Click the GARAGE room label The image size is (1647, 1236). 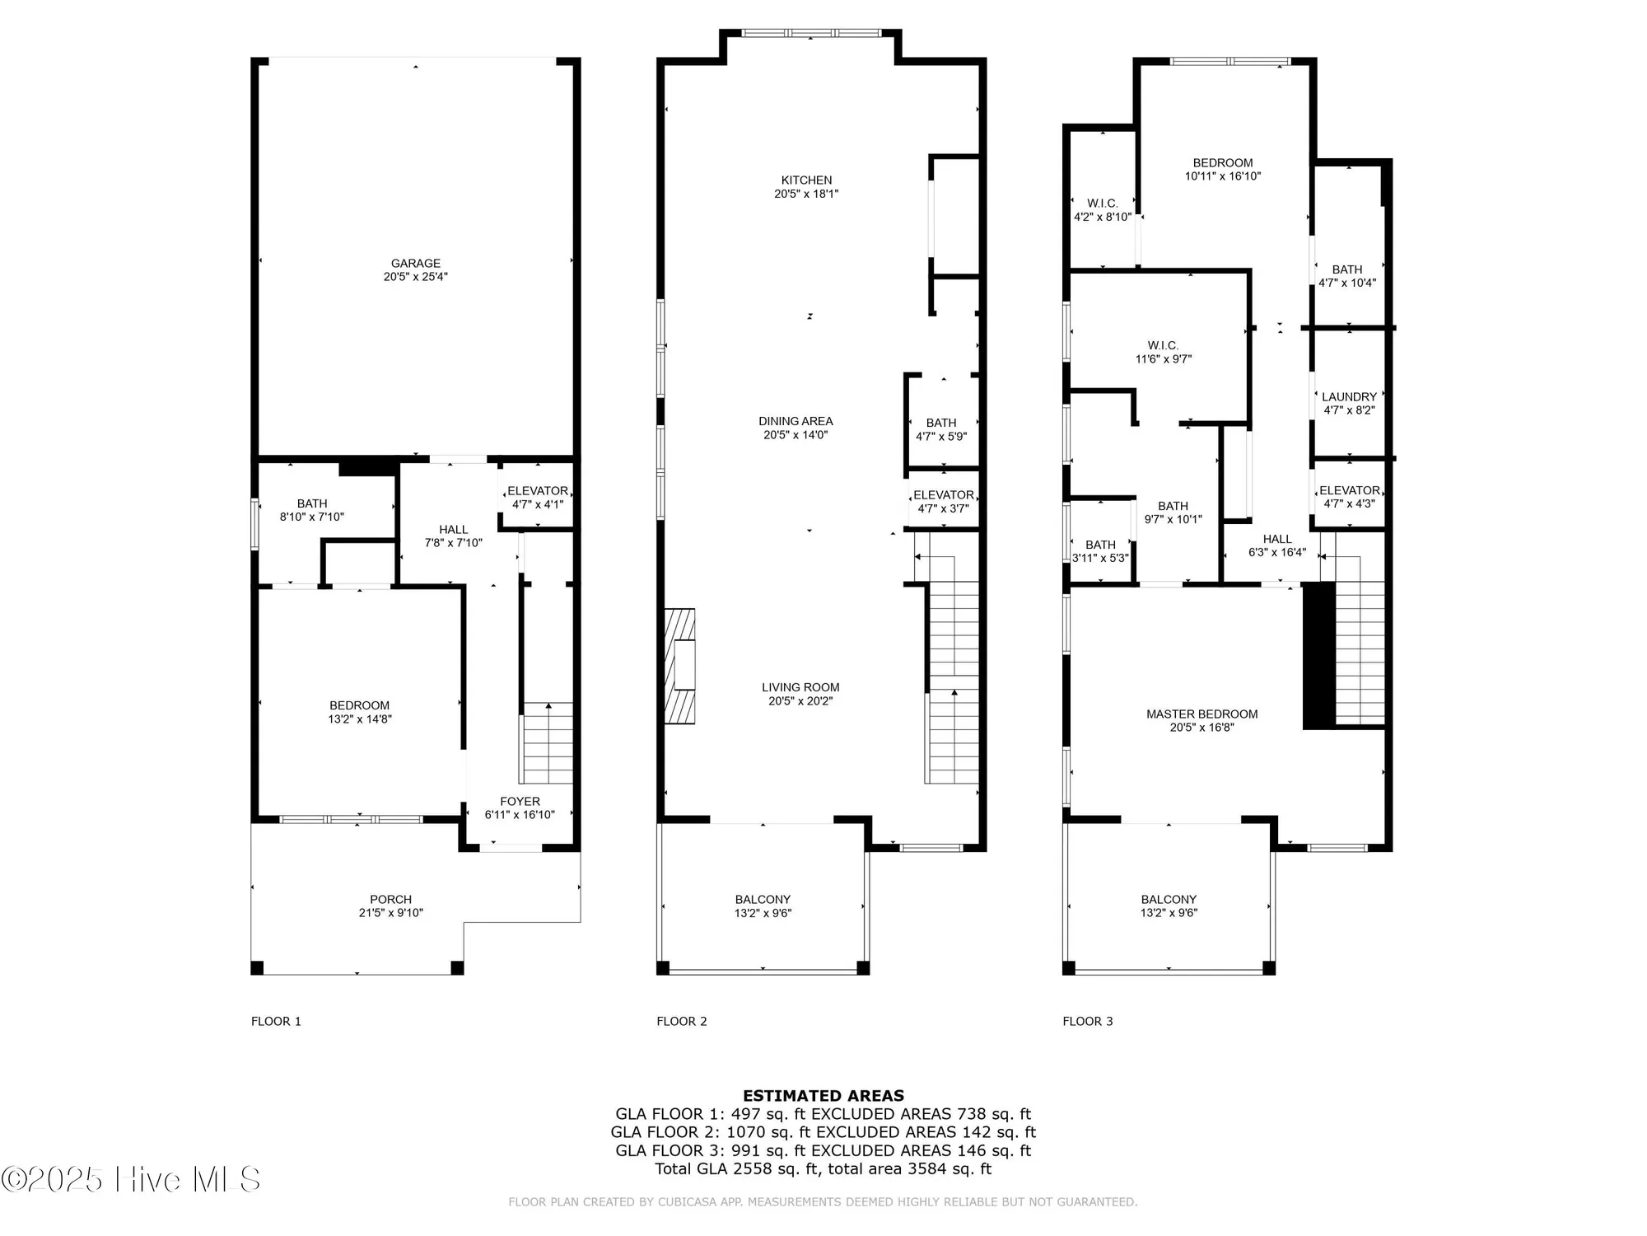415,265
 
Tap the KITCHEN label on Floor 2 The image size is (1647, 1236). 806,180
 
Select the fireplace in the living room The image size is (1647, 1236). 680,666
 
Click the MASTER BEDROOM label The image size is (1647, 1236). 1201,714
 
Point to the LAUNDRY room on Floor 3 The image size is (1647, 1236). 1349,397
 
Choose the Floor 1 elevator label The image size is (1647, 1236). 537,491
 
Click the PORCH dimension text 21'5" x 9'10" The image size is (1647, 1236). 390,913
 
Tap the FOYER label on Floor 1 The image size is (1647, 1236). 520,802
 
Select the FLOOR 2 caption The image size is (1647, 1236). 681,1021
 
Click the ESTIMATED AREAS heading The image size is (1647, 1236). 823,1096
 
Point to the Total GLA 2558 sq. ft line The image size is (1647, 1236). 823,1168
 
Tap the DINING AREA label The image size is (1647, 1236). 796,421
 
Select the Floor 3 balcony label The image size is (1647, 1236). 1169,900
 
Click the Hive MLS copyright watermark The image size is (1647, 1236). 132,1180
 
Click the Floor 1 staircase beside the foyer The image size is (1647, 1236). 548,742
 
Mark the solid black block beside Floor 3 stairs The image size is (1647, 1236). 1318,655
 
